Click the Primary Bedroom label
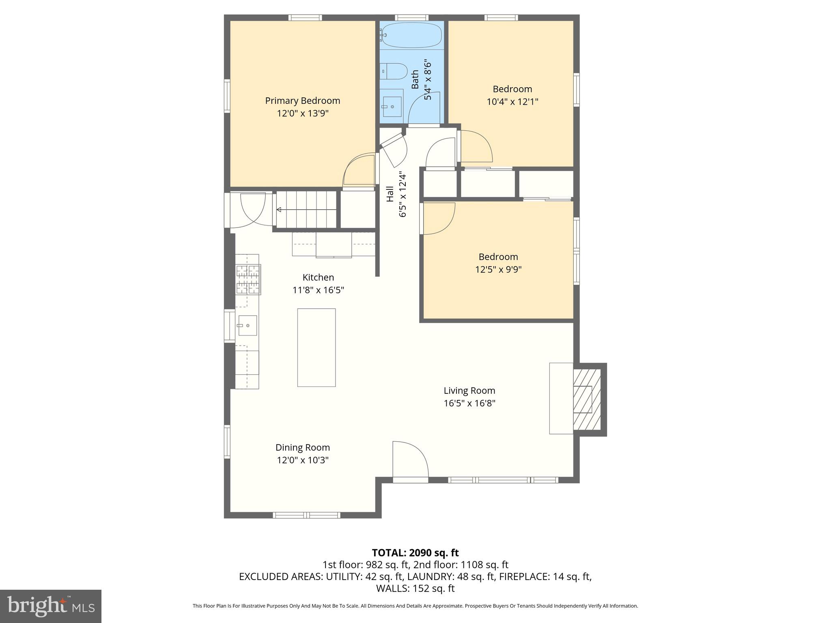(302, 101)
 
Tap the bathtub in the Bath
(411, 35)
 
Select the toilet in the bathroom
(396, 71)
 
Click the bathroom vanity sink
(392, 106)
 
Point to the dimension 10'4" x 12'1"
(512, 101)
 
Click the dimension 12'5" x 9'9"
(498, 269)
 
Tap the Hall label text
(390, 194)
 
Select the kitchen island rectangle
(316, 347)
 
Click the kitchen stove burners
(248, 279)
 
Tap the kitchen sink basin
(247, 325)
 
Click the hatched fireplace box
(586, 400)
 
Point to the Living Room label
(469, 391)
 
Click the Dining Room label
(302, 447)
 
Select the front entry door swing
(410, 460)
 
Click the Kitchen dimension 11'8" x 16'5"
(318, 290)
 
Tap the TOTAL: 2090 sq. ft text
(415, 553)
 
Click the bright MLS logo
(51, 606)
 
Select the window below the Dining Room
(306, 515)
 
